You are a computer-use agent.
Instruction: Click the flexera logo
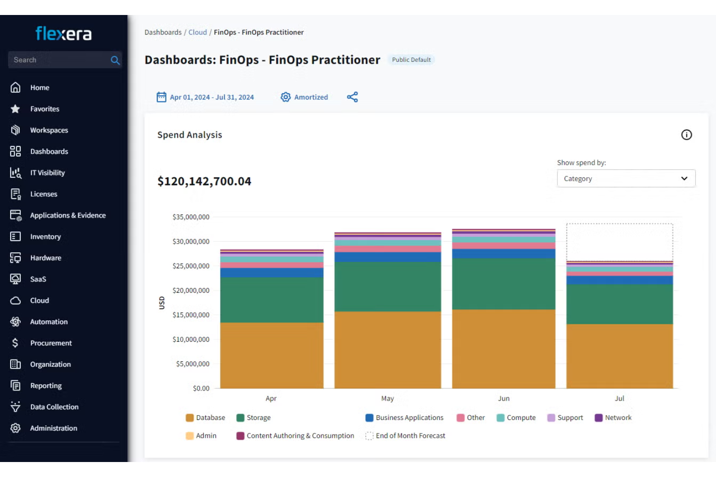point(63,33)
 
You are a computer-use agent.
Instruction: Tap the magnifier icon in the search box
point(115,60)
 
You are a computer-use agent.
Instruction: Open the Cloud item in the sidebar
point(40,301)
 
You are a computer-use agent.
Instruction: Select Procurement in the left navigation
point(51,343)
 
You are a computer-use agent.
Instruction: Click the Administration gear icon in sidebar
point(15,428)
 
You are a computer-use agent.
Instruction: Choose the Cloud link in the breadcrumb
point(197,32)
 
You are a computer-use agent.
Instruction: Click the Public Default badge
point(411,60)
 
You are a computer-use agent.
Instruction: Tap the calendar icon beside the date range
point(162,97)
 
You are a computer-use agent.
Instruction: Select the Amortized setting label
point(311,97)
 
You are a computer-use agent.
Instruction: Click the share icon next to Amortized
point(352,97)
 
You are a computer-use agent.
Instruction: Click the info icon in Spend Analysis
point(686,135)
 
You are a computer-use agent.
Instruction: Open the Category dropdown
point(626,178)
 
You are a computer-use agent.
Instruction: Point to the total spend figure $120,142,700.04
point(204,181)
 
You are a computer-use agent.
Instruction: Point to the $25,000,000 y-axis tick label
point(191,266)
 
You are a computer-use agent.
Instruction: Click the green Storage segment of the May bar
point(388,287)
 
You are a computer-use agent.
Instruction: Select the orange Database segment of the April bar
point(272,355)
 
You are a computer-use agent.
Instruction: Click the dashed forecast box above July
point(619,224)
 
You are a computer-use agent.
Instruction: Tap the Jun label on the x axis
point(504,398)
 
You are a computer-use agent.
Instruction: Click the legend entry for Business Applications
point(404,418)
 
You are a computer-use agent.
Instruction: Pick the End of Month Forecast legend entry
point(405,436)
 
